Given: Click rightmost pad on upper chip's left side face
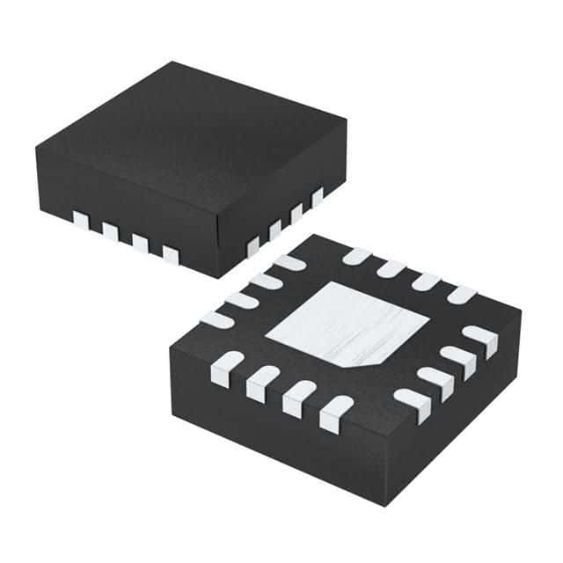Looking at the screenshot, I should point(169,254).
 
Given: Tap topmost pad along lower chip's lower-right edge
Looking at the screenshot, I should point(479,335).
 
